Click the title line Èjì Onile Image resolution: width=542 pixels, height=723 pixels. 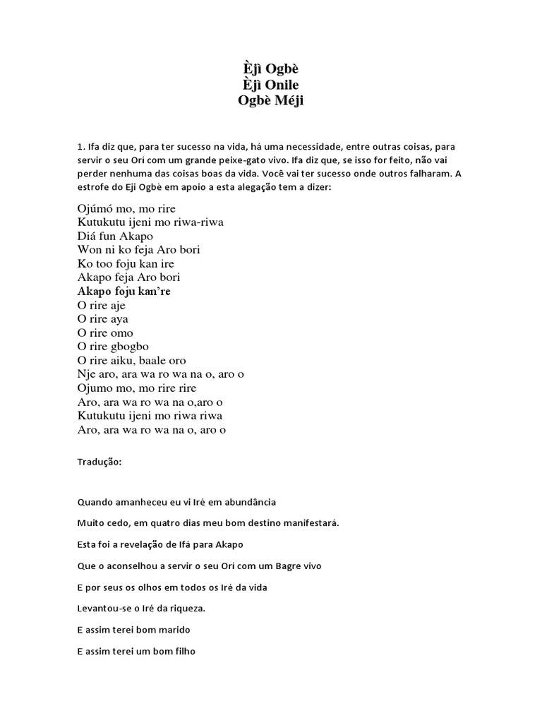pos(271,85)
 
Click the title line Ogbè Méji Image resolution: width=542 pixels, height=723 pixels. pos(271,100)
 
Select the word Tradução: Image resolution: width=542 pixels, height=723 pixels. pos(100,462)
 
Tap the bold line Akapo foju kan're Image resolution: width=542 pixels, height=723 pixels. pos(124,291)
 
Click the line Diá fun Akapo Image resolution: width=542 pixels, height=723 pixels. pos(114,236)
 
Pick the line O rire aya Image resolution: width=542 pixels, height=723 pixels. pos(103,319)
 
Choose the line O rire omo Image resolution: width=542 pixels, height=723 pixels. pos(105,333)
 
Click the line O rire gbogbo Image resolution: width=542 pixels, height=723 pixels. pos(113,347)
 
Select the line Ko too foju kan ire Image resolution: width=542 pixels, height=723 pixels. pos(126,263)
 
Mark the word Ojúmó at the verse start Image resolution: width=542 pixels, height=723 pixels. pos(95,208)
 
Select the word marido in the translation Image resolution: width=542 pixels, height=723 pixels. pos(175,629)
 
